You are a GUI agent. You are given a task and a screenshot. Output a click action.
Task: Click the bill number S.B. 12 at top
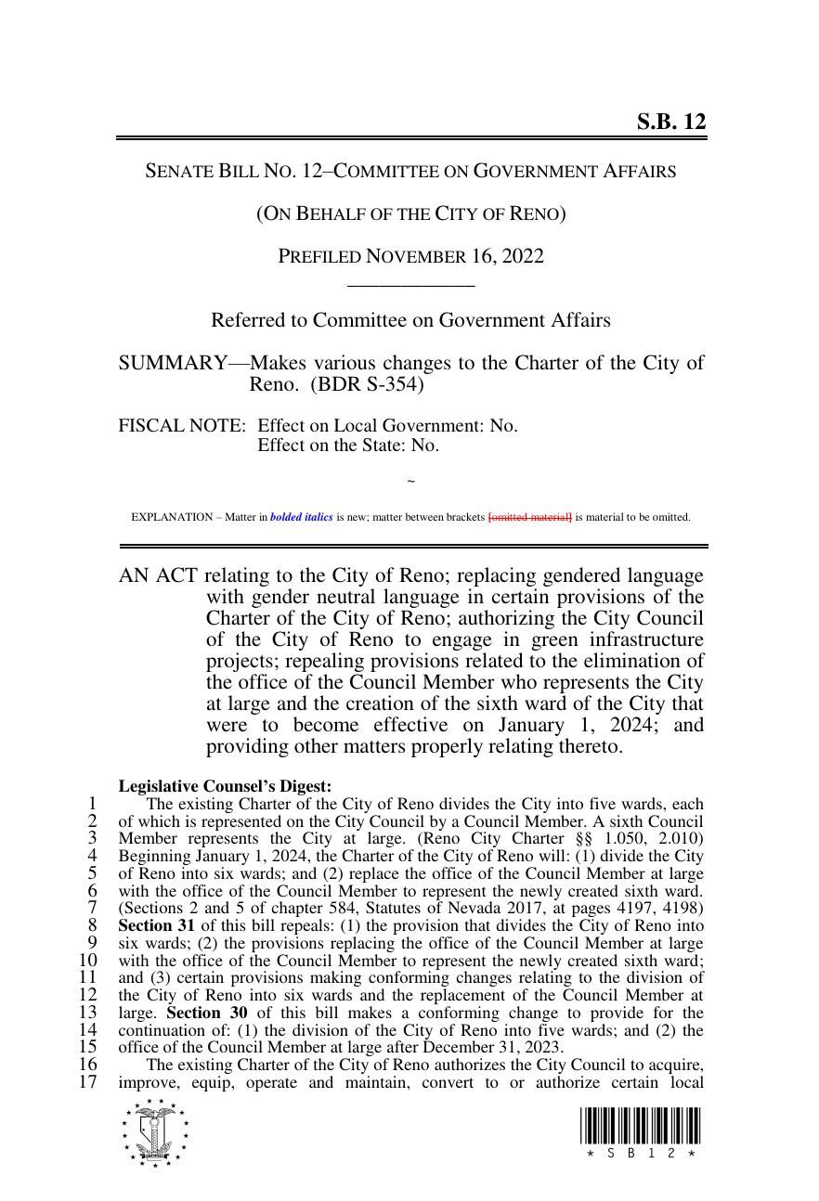click(x=670, y=122)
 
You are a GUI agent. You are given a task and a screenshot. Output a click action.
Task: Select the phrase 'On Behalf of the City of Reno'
click(x=410, y=213)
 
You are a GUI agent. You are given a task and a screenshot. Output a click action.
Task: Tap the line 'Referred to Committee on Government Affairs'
click(x=410, y=320)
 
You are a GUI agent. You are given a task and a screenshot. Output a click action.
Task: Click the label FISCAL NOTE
click(x=182, y=426)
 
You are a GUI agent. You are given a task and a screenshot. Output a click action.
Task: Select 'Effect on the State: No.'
click(x=348, y=446)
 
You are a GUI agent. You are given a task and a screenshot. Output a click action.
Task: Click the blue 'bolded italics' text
click(x=301, y=517)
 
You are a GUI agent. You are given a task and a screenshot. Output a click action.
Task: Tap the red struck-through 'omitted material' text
click(x=529, y=517)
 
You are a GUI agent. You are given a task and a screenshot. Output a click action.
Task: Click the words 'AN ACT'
click(x=157, y=575)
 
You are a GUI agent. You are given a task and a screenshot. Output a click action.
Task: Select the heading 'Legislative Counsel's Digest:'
click(x=225, y=786)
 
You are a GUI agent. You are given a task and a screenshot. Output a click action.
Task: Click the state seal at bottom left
click(x=155, y=1132)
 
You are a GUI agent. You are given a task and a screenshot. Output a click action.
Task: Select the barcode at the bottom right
click(x=641, y=1127)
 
